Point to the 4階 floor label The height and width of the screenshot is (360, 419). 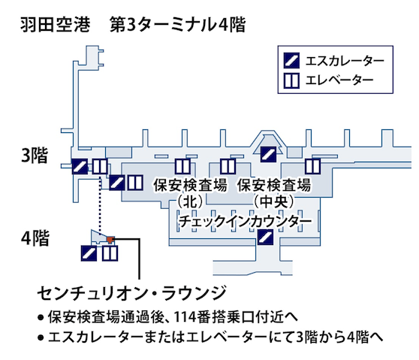35,238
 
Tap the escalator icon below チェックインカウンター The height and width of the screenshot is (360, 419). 264,238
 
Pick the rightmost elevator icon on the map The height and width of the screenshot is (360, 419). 312,165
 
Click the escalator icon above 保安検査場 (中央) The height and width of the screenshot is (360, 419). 269,155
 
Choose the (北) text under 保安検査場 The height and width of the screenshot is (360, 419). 189,201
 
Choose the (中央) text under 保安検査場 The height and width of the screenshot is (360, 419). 273,201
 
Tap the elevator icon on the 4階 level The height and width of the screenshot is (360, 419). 110,253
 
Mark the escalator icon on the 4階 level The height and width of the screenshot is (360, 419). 89,253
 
